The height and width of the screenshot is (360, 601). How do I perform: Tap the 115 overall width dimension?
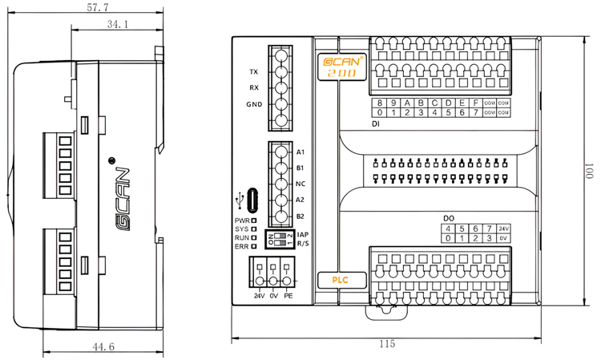tap(387, 343)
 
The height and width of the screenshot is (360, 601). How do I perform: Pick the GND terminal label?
tap(253, 105)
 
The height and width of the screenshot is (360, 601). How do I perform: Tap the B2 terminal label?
tap(301, 216)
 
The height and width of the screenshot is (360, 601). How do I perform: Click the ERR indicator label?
tap(241, 247)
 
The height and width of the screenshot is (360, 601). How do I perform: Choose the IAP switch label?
tap(303, 234)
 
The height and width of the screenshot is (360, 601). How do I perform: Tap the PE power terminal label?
tap(288, 297)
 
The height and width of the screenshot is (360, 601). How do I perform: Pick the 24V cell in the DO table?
tap(503, 229)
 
